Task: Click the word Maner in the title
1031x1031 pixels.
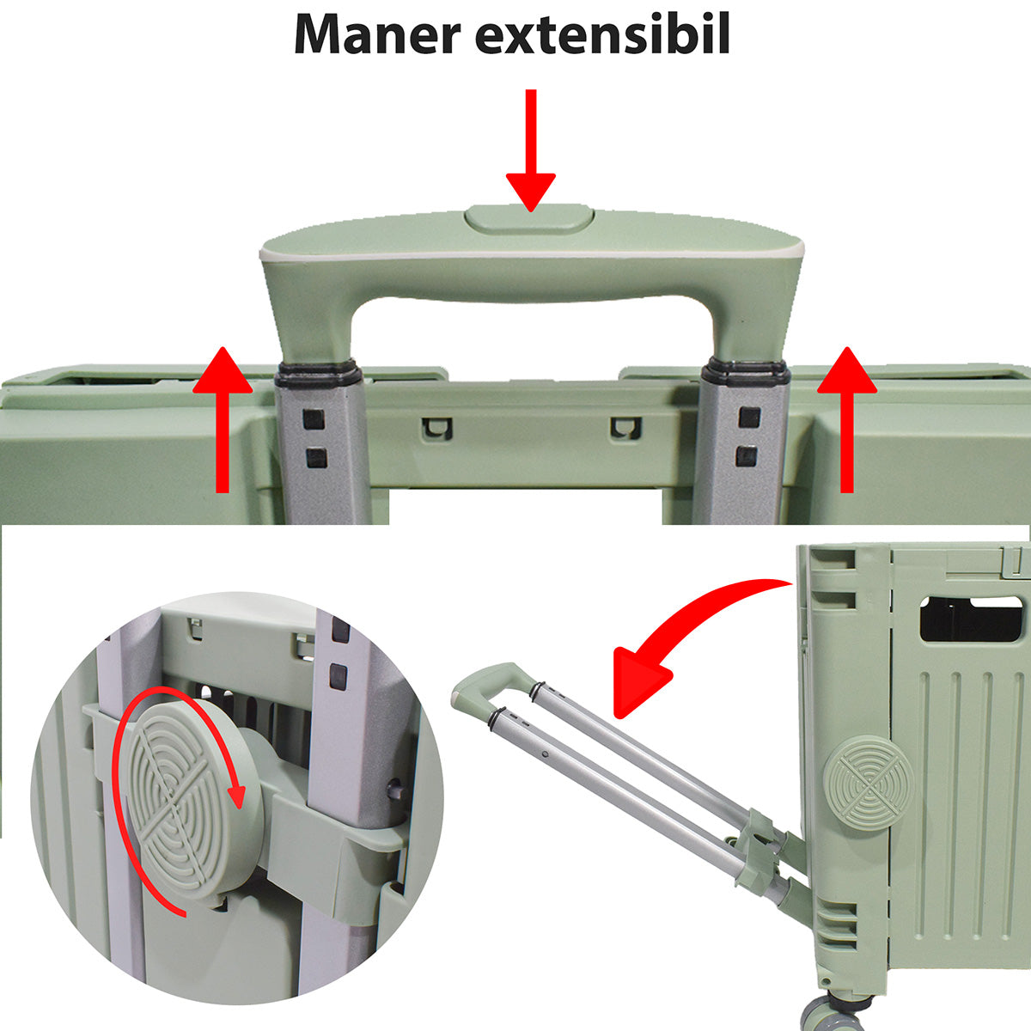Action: (377, 34)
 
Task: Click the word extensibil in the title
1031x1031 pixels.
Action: (603, 34)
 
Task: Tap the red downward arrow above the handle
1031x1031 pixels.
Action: (531, 149)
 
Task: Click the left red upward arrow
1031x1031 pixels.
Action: (222, 419)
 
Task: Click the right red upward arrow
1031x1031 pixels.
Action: (846, 419)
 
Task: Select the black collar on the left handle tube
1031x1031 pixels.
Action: (317, 373)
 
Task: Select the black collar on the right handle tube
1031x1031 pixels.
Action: (747, 373)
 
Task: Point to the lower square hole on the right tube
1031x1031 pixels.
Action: (747, 455)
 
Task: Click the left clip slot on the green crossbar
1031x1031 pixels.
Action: (437, 429)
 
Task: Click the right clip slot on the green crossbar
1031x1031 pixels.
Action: (625, 428)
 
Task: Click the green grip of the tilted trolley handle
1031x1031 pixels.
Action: (493, 689)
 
